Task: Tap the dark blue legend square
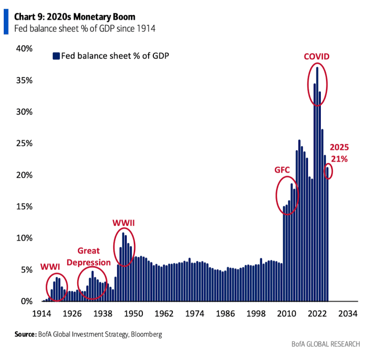pyautogui.click(x=56, y=56)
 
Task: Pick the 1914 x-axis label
pyautogui.click(x=42, y=314)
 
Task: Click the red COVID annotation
pyautogui.click(x=317, y=57)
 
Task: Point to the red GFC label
pyautogui.click(x=282, y=169)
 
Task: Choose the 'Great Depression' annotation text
pyautogui.click(x=94, y=256)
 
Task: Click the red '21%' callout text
pyautogui.click(x=340, y=159)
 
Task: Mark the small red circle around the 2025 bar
pyautogui.click(x=328, y=171)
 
